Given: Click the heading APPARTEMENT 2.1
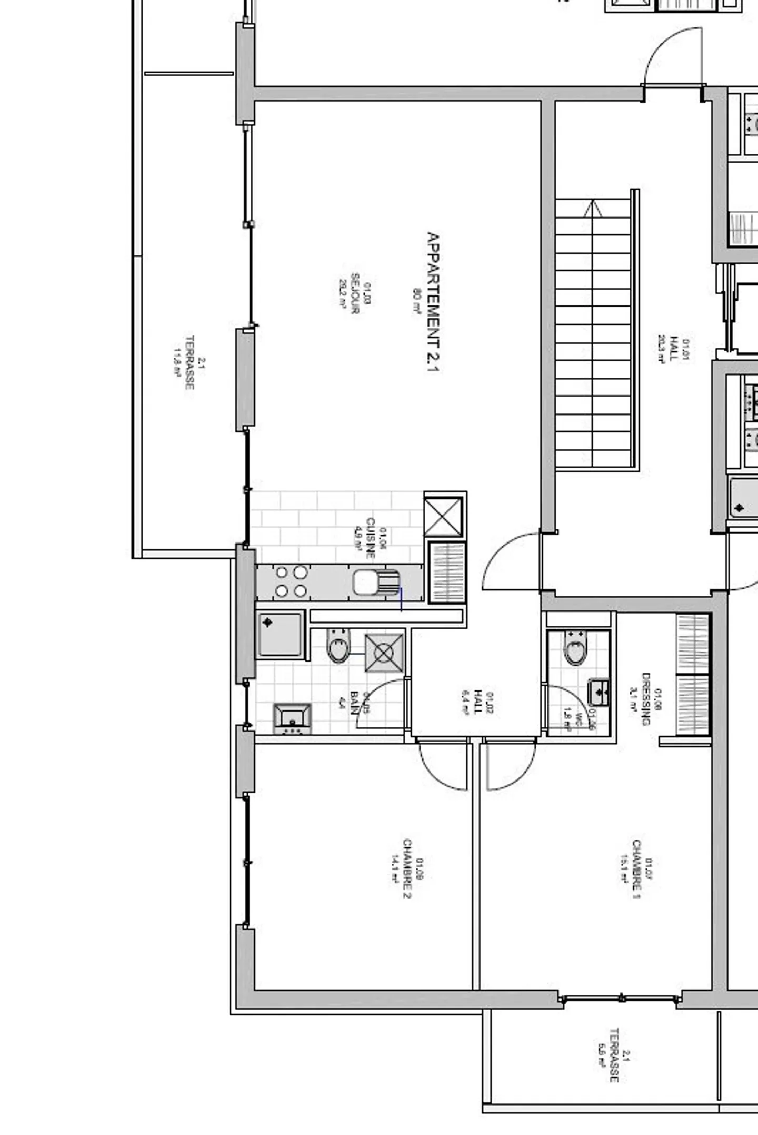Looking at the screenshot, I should click(x=433, y=302).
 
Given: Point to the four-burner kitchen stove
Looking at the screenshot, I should click(x=291, y=581).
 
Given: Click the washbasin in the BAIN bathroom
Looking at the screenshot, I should click(x=292, y=718).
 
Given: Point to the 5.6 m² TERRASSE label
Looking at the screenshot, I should click(x=613, y=1055).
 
